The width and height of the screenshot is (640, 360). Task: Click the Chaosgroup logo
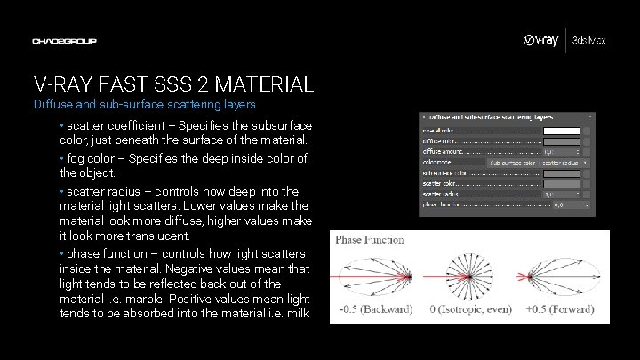point(64,41)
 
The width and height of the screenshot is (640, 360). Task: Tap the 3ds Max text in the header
point(589,42)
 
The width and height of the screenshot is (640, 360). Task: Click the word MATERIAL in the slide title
point(264,85)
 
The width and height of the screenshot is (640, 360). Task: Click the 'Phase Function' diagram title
point(370,239)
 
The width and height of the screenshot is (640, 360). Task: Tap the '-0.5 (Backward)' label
point(376,310)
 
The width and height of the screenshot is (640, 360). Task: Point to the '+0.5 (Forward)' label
point(559,310)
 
